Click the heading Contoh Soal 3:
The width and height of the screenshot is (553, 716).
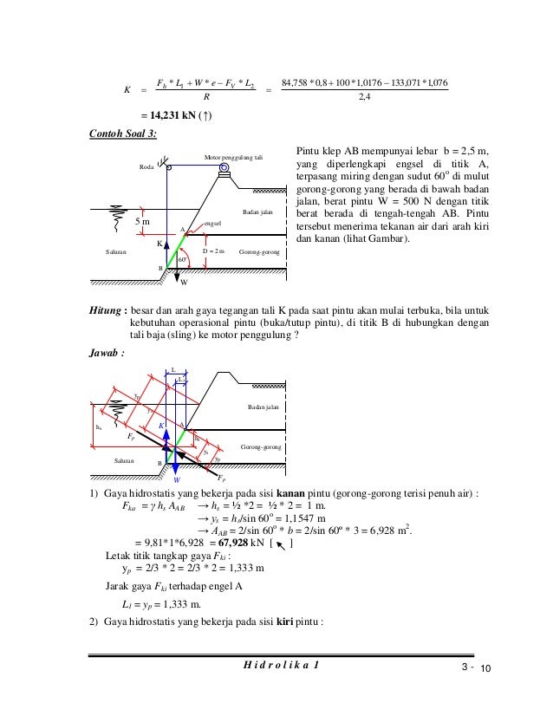coord(124,134)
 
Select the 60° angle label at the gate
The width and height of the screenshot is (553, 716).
coord(182,258)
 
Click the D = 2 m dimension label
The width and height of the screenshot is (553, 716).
coord(213,251)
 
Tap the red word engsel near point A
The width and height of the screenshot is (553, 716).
coord(212,223)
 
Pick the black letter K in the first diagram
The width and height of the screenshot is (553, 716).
coord(160,244)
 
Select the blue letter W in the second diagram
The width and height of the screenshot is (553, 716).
coord(176,478)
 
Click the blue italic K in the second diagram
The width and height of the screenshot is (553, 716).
coord(160,426)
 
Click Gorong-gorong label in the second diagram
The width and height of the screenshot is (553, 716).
coord(260,446)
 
